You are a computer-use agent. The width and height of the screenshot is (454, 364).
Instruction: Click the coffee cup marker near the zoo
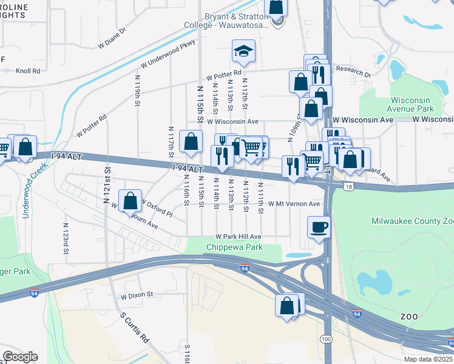[x=319, y=229]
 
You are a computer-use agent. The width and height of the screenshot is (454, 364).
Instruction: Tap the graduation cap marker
[x=243, y=52]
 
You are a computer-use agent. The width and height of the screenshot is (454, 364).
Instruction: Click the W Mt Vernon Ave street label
[x=294, y=204]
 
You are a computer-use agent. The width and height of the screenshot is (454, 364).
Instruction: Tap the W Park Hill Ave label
[x=238, y=237]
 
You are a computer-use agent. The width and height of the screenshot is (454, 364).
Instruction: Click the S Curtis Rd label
[x=135, y=328]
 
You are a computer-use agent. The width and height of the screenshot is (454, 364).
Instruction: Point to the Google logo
[x=20, y=357]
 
